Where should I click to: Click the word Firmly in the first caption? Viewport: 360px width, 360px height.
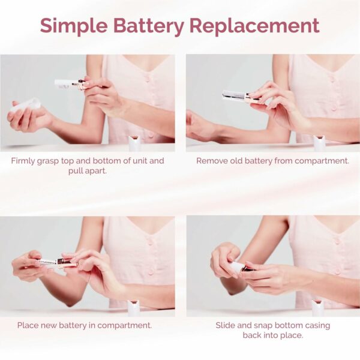(x=25, y=161)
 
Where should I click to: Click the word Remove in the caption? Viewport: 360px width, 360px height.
(x=213, y=161)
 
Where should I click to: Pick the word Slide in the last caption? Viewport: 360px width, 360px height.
(x=226, y=326)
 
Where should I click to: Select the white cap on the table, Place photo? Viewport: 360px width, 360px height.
(x=133, y=308)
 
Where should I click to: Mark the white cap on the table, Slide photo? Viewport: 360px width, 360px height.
(x=317, y=308)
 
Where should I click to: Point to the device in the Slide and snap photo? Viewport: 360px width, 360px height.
(x=239, y=268)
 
